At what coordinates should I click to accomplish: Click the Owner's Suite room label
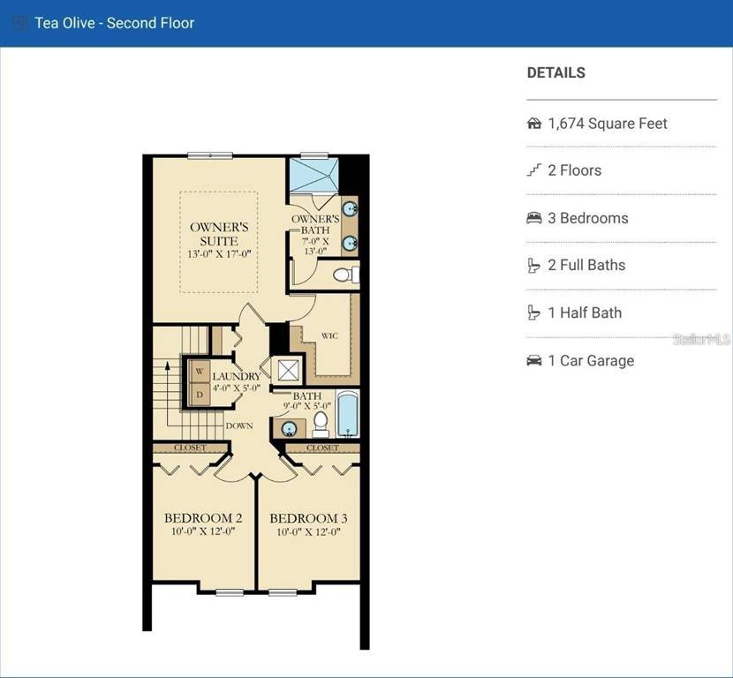pos(219,234)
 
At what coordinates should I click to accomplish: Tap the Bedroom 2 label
pos(203,517)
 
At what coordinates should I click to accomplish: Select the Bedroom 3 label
pos(308,518)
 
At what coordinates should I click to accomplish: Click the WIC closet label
pos(329,335)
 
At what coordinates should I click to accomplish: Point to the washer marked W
pos(200,372)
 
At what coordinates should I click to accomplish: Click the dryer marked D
pos(200,395)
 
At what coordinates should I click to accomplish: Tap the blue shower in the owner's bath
pos(314,175)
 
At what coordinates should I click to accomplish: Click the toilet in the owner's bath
pos(346,275)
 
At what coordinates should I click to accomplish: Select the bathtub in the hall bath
pos(348,414)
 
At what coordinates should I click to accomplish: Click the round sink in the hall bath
pos(289,428)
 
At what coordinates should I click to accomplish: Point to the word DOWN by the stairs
pos(239,426)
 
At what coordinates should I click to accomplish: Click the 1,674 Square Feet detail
pos(608,124)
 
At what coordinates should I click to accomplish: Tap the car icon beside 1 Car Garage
pos(534,361)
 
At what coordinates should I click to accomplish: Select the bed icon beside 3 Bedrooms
pos(534,218)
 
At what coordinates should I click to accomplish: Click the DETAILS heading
pos(556,72)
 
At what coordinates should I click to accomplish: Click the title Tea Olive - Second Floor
pos(115,23)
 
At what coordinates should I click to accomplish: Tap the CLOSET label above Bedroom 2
pos(190,448)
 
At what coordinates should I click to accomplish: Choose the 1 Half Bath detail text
pos(585,313)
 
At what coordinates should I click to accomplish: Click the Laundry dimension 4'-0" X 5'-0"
pos(237,388)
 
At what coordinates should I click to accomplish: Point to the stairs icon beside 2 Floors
pos(534,170)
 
